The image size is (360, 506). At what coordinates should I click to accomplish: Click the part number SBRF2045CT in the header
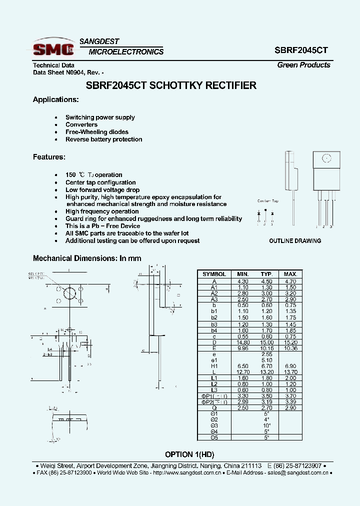coord(301,50)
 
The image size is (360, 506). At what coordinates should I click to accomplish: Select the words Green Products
coord(303,65)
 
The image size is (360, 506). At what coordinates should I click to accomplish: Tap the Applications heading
coord(55,99)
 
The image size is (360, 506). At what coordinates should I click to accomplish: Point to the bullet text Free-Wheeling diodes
coord(97,132)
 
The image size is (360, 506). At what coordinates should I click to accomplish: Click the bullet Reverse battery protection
coord(104,139)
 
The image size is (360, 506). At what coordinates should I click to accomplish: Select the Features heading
coord(49,157)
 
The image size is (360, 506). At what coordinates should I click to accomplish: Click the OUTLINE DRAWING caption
coord(295,241)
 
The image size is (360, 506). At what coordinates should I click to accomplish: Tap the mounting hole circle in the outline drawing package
coord(325,158)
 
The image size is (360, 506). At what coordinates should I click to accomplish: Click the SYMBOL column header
coord(214,274)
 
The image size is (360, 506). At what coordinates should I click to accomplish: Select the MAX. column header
coord(290,274)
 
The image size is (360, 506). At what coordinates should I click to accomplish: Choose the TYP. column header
coord(266,274)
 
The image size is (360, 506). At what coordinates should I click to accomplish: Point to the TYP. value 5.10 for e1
coord(266,360)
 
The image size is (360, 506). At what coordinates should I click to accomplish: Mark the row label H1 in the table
coord(214,366)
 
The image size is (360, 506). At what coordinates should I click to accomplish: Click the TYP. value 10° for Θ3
coord(266,426)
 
